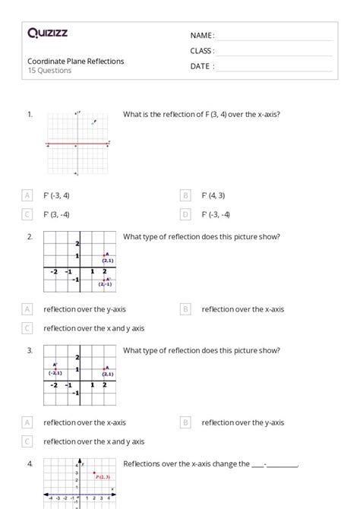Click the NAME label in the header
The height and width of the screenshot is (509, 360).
202,36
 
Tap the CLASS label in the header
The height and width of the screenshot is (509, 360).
202,51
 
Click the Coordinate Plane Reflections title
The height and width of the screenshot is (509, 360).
75,61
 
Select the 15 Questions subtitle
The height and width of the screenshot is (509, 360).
50,71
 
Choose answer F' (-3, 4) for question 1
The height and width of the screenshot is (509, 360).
56,195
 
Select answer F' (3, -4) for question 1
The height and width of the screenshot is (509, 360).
56,214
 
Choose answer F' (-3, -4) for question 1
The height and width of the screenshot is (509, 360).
216,214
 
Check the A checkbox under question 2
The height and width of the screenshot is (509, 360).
28,309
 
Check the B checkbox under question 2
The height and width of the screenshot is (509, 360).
185,309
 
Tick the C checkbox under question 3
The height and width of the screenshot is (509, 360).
28,441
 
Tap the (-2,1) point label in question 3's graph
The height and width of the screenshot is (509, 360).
55,373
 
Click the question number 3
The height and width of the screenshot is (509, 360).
30,350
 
